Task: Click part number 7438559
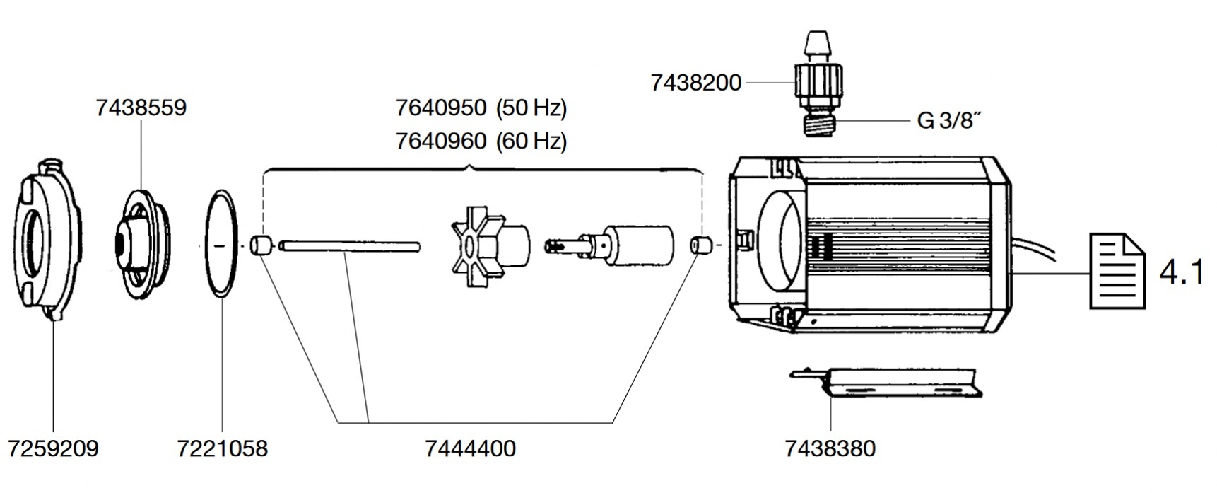[x=141, y=108]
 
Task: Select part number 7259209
[x=53, y=448]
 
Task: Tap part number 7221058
[x=223, y=448]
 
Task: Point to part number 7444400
[x=471, y=448]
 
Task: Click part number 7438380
[x=830, y=448]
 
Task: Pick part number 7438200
[x=696, y=83]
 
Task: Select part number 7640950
[x=441, y=108]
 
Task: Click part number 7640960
[x=441, y=141]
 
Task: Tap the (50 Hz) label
[x=531, y=108]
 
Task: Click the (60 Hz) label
[x=531, y=141]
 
